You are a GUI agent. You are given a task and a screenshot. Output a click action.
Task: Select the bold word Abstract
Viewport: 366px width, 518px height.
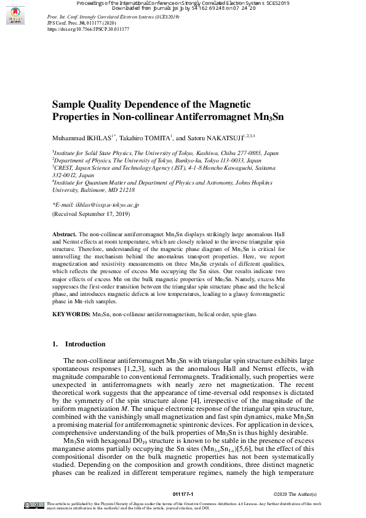click(64, 235)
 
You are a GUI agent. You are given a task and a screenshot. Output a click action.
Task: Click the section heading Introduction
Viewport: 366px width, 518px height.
click(85, 344)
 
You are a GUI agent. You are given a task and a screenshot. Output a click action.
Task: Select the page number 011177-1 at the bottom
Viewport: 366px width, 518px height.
click(183, 494)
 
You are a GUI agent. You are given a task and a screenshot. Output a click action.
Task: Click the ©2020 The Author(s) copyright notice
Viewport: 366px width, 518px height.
click(295, 494)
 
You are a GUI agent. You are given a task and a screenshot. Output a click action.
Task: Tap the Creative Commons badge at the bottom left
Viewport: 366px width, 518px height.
click(33, 505)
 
